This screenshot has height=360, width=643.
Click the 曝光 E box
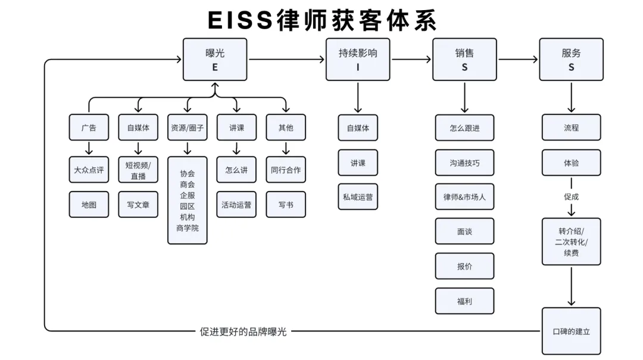click(x=215, y=60)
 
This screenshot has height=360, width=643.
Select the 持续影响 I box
click(x=358, y=60)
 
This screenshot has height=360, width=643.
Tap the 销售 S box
click(x=464, y=60)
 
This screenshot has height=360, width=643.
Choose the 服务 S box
click(x=571, y=60)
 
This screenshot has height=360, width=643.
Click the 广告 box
click(x=89, y=127)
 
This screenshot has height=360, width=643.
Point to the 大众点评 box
click(x=89, y=170)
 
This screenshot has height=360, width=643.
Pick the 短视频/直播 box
click(x=138, y=170)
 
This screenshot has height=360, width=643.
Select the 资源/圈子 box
click(x=188, y=127)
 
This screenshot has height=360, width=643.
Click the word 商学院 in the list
click(x=188, y=228)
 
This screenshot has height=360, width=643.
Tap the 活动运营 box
click(x=236, y=205)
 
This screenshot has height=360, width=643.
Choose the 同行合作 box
click(x=286, y=170)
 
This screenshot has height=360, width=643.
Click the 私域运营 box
click(x=358, y=197)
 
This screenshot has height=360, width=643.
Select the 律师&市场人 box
click(x=464, y=196)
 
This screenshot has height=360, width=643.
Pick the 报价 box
click(x=464, y=266)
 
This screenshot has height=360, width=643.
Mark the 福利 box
click(x=464, y=301)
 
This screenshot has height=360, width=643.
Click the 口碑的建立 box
click(x=571, y=331)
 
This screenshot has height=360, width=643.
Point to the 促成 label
click(x=571, y=196)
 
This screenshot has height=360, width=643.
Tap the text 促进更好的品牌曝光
click(x=243, y=331)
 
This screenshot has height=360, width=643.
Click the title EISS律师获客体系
click(x=321, y=20)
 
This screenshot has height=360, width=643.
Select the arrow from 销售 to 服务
click(x=518, y=60)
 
